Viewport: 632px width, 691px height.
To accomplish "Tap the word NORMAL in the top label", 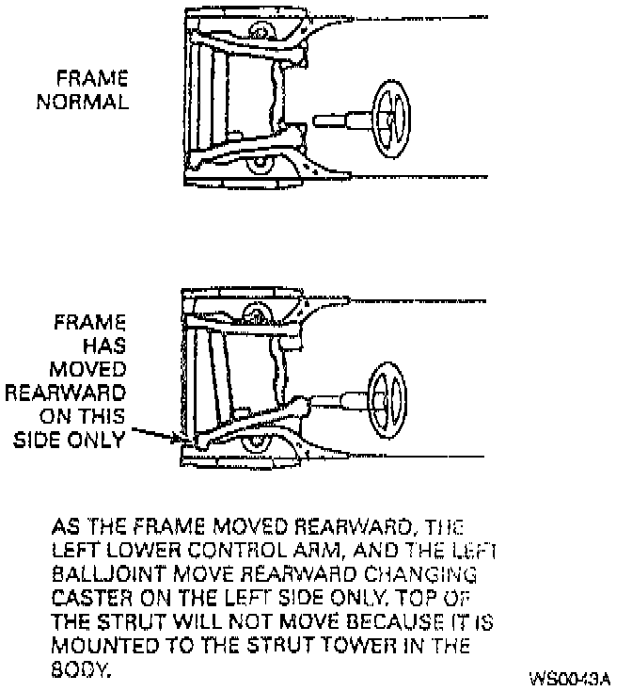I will (83, 101).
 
